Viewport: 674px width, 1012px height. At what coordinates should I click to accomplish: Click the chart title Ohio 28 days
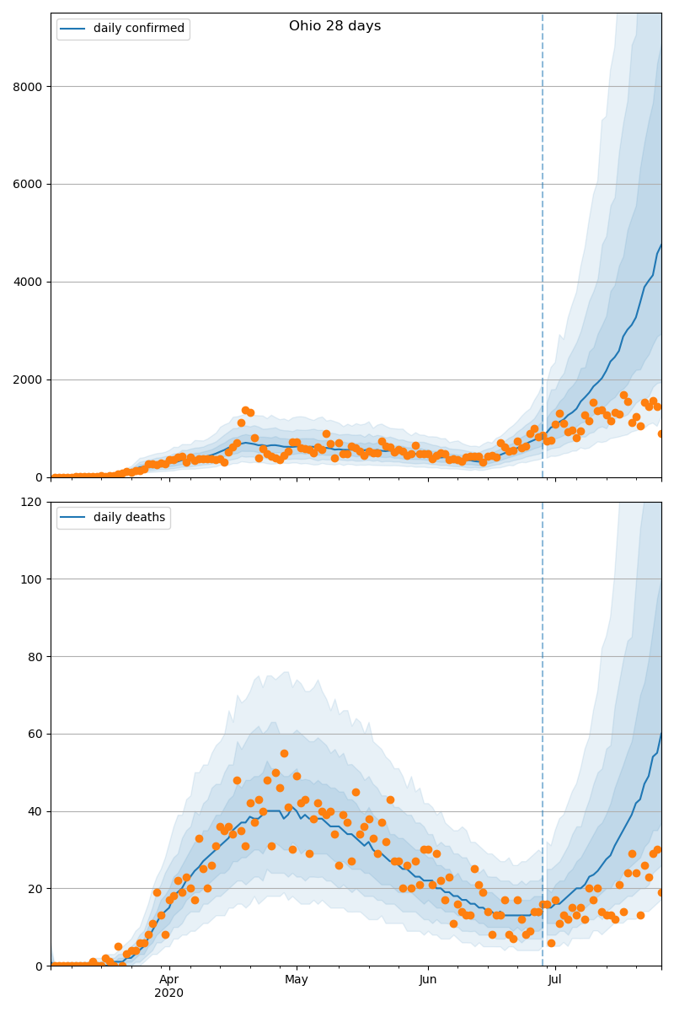(334, 26)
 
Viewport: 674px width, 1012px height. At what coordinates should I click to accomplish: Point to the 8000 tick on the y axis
(29, 86)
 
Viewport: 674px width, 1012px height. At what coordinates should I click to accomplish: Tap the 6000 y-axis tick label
(29, 184)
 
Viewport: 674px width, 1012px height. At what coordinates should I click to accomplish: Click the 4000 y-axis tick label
(29, 282)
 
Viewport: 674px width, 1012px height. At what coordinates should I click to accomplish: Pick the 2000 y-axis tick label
(29, 379)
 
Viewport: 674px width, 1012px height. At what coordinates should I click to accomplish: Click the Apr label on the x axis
(169, 980)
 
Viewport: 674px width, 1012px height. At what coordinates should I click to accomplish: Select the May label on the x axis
(297, 980)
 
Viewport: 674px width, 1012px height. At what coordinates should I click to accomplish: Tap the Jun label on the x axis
(428, 980)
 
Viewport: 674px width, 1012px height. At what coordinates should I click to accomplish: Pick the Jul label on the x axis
(555, 980)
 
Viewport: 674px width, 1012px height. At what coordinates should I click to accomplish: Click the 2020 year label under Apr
(169, 993)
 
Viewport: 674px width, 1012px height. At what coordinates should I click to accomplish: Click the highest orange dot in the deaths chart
(284, 753)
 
